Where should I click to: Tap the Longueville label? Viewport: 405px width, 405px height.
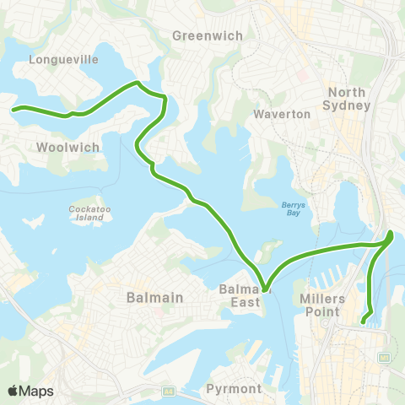63,60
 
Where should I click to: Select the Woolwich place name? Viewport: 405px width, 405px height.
68,147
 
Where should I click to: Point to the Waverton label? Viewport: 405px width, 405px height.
283,113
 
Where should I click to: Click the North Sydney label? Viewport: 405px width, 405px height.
348,99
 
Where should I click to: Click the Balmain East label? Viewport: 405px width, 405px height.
245,295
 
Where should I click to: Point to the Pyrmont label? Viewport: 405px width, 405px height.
234,389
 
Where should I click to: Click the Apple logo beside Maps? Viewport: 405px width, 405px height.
13,391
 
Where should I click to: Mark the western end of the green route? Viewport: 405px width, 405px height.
13,108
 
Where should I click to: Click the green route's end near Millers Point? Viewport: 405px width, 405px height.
364,321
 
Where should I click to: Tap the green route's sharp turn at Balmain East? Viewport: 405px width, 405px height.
264,289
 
